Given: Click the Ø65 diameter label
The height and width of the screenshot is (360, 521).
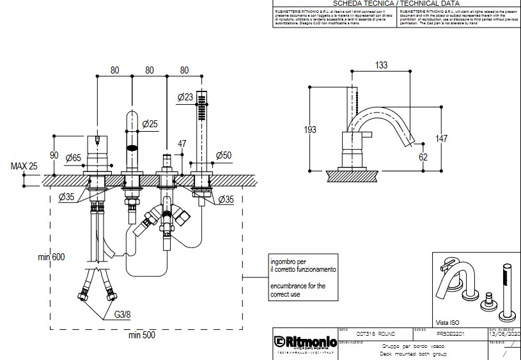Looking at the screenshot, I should pyautogui.click(x=71, y=157).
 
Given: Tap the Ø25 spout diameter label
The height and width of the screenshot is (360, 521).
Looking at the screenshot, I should pyautogui.click(x=150, y=123).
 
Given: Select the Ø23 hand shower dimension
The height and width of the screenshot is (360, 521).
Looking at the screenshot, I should pyautogui.click(x=185, y=97).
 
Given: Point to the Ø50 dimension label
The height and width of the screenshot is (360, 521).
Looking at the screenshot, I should pyautogui.click(x=224, y=155).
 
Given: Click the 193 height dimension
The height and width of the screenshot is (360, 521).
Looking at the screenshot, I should pyautogui.click(x=310, y=130).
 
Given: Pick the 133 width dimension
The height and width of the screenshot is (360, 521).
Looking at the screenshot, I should pyautogui.click(x=381, y=65).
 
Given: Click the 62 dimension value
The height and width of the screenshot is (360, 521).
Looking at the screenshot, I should pyautogui.click(x=422, y=155).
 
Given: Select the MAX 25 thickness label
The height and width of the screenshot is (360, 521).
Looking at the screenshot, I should pyautogui.click(x=24, y=166).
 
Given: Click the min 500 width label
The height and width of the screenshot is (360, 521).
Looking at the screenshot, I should pyautogui.click(x=142, y=334).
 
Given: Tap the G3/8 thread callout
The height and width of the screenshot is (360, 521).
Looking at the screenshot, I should pyautogui.click(x=123, y=315).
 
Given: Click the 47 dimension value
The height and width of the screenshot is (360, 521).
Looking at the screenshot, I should pyautogui.click(x=182, y=144).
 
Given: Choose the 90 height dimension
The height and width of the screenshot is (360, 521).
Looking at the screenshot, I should pyautogui.click(x=54, y=155).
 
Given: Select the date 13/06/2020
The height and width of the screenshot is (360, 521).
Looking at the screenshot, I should pyautogui.click(x=504, y=334).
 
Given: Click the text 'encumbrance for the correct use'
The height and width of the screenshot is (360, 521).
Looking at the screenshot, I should pyautogui.click(x=298, y=290).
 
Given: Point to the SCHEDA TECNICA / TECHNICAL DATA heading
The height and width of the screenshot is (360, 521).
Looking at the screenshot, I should pyautogui.click(x=393, y=3).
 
